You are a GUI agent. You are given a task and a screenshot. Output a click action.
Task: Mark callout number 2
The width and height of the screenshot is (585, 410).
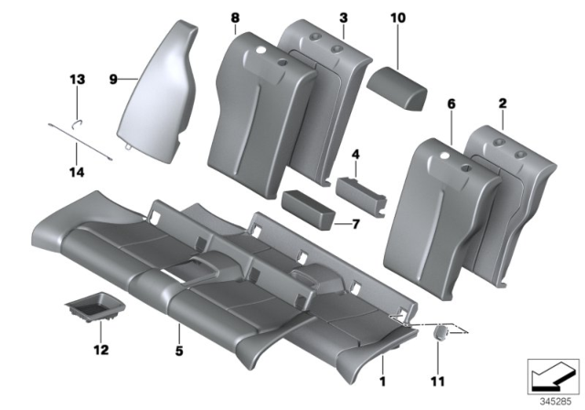coord(503,106)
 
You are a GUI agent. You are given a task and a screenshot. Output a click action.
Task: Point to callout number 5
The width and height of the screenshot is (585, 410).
coord(179,349)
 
